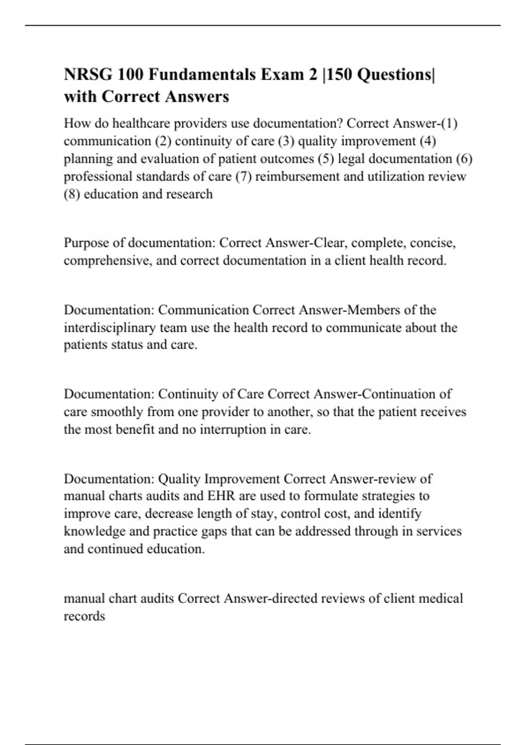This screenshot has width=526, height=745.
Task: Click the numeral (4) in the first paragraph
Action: coord(427,141)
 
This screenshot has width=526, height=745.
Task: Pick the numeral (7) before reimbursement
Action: coord(243,176)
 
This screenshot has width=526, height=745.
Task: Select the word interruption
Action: coord(233,429)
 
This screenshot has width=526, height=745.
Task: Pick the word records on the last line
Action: coord(84,616)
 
